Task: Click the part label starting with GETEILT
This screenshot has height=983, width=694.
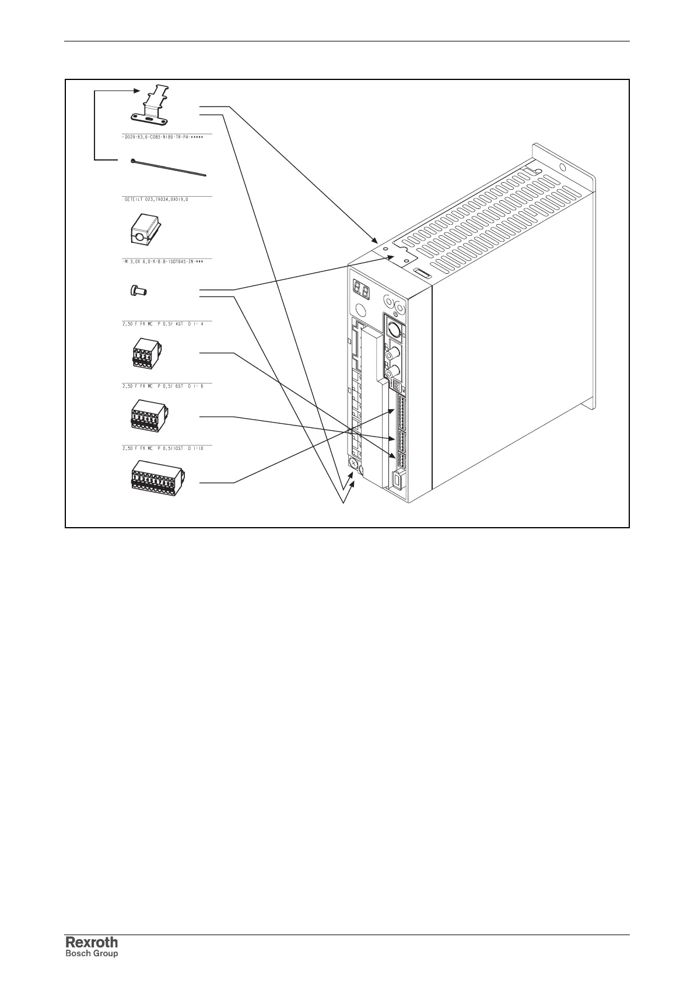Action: [156, 199]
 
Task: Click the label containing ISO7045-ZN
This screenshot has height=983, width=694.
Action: [165, 262]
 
